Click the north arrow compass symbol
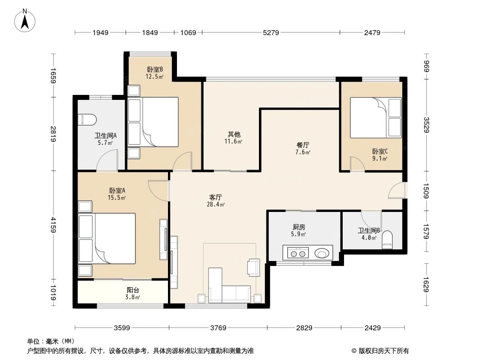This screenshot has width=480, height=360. (x=26, y=20)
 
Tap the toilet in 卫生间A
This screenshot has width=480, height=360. (x=87, y=120)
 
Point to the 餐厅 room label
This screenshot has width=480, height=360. (x=303, y=145)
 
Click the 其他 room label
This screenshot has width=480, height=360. (x=234, y=134)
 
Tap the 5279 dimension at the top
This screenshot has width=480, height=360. (x=271, y=32)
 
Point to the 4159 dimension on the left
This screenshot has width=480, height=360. (x=53, y=225)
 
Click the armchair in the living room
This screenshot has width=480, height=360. (x=254, y=267)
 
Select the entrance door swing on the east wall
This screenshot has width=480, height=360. (x=398, y=190)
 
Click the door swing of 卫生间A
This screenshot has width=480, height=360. (x=108, y=161)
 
